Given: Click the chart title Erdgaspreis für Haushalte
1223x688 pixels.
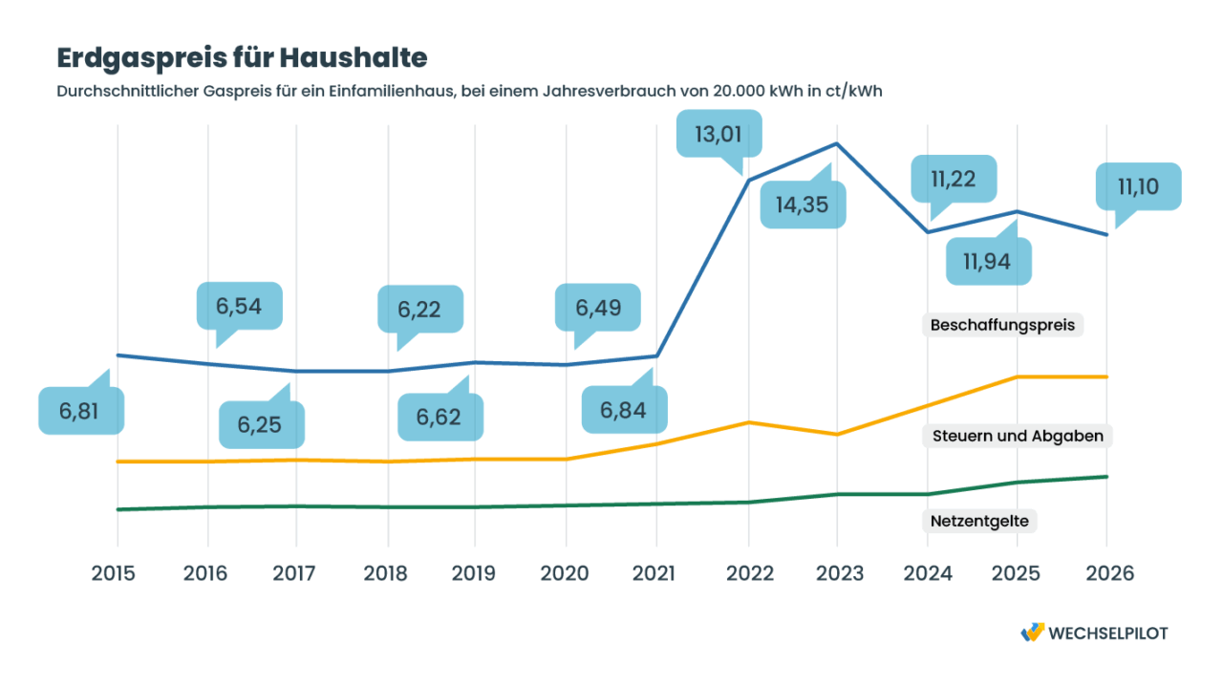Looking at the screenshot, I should [x=242, y=57].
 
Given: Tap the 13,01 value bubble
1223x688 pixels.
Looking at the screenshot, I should [x=719, y=133].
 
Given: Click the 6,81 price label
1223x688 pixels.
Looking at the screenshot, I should [x=80, y=411].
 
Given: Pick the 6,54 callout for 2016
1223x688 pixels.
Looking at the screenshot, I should [x=239, y=307].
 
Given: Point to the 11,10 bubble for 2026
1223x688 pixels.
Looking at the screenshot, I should [x=1138, y=186].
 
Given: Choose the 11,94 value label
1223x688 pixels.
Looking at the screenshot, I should [x=988, y=260].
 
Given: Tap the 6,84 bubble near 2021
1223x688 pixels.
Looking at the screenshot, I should [x=623, y=411].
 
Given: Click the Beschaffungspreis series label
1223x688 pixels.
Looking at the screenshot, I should [x=1002, y=325].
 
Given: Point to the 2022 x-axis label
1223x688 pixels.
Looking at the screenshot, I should [x=747, y=573].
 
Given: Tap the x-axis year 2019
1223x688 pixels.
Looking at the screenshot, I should [x=475, y=573].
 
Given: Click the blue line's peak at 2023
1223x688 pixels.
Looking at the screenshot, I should [x=837, y=144].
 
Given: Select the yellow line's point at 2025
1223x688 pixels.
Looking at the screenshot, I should [x=1017, y=376].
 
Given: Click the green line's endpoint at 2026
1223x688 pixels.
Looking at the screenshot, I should [x=1106, y=477].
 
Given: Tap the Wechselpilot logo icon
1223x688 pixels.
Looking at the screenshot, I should [x=1032, y=632].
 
